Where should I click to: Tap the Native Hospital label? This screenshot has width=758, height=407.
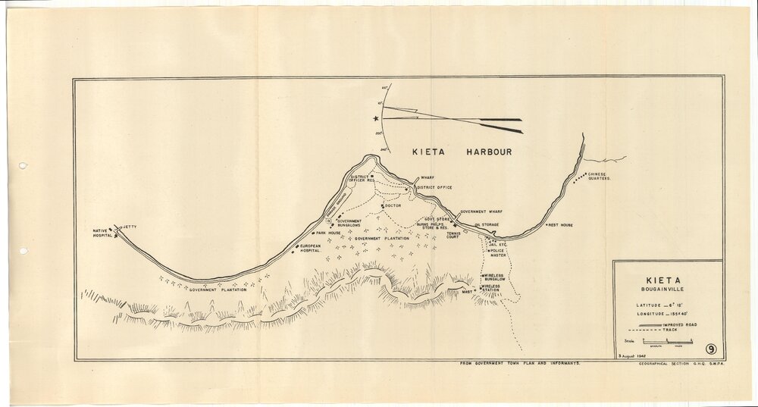[x=102, y=233]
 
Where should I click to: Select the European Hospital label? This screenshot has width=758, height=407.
[x=312, y=249]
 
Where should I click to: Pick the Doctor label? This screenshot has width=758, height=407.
[x=392, y=205]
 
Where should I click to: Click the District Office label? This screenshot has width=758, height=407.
[x=434, y=186]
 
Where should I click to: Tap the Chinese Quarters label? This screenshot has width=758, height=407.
[x=599, y=177]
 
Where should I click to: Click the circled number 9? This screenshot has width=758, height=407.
[x=712, y=349]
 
